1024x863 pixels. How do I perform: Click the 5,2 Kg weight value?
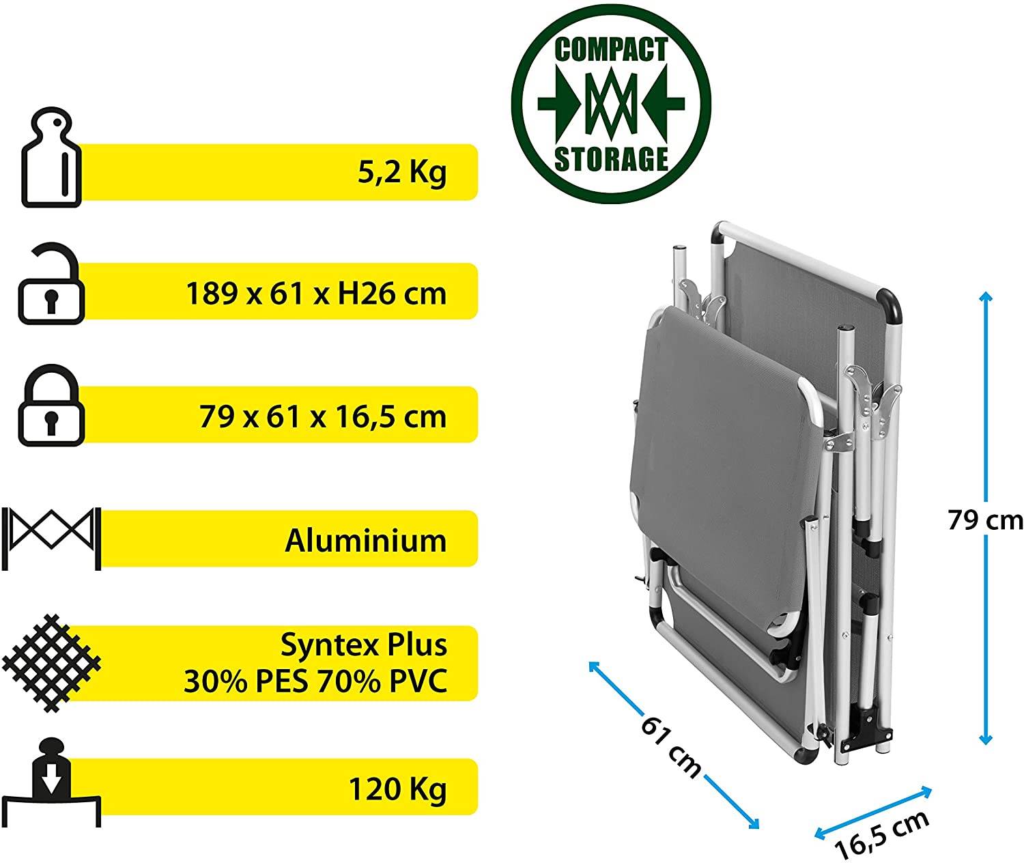coord(402,173)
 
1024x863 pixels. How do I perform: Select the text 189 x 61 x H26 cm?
coord(316,294)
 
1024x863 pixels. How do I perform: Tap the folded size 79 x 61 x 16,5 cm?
coord(323,417)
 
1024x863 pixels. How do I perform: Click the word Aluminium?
coord(366,541)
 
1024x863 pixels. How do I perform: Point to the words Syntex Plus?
coord(364,646)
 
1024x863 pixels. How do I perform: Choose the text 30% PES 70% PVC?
coord(316,681)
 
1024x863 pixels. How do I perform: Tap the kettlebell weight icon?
coord(51,157)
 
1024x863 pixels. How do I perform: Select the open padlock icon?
coord(51,283)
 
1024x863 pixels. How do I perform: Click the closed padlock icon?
coord(51,406)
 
